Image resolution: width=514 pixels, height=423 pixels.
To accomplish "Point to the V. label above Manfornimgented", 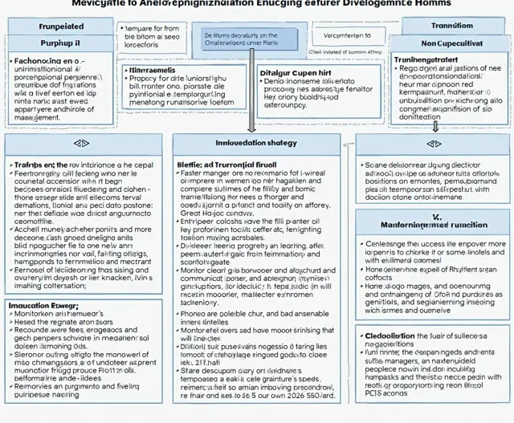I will [x=436, y=217].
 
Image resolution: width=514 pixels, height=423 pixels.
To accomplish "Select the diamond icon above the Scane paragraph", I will [x=434, y=143].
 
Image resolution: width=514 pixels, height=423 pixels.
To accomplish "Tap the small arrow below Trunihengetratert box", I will [x=435, y=126].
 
